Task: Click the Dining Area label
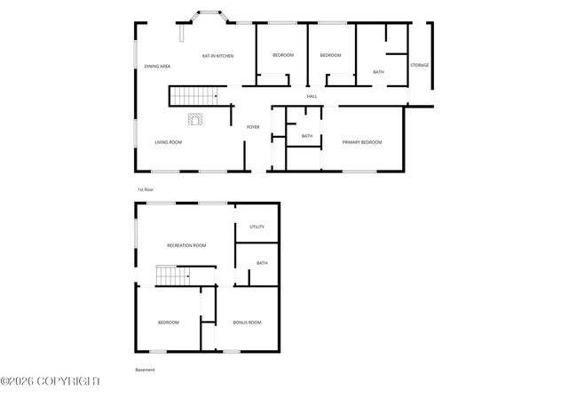tap(158, 67)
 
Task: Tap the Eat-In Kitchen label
tap(217, 56)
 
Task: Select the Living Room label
tap(169, 142)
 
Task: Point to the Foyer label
tap(253, 127)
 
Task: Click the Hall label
tap(312, 96)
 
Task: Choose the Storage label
tap(419, 65)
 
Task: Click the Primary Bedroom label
tap(362, 142)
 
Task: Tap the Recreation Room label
tap(186, 245)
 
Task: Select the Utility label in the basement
tap(256, 227)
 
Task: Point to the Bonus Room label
tap(247, 322)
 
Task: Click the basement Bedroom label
tap(169, 322)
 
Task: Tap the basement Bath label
tap(262, 263)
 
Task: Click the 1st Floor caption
tap(146, 190)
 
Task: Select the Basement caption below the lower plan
tap(145, 370)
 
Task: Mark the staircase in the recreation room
tap(174, 276)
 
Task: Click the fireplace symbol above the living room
tap(195, 118)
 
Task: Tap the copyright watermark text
tap(51, 381)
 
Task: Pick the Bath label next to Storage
tap(379, 72)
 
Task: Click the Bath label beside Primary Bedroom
tap(307, 136)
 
